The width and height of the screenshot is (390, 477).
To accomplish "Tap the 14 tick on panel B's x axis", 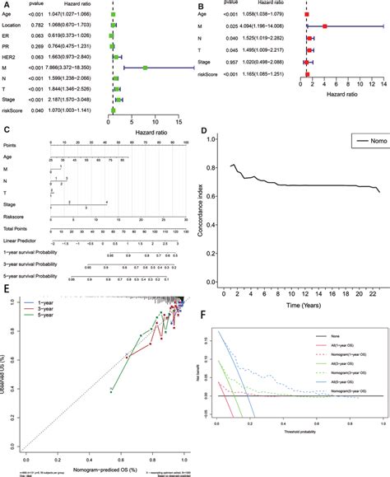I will click(383, 84).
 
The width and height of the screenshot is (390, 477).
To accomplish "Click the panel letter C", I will click(7, 129).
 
